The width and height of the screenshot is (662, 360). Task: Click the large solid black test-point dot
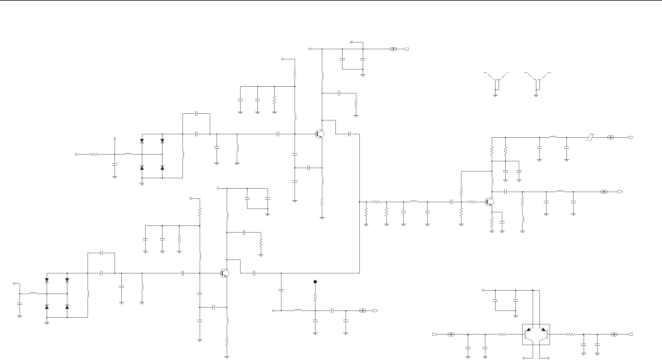pyautogui.click(x=315, y=282)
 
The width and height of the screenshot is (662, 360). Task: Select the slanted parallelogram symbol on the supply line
pyautogui.click(x=590, y=137)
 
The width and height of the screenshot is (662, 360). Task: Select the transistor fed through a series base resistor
pyautogui.click(x=489, y=202)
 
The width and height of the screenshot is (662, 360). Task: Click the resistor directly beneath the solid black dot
pyautogui.click(x=315, y=297)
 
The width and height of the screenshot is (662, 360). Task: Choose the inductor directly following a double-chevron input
pyautogui.click(x=298, y=311)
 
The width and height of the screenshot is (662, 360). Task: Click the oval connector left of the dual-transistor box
pyautogui.click(x=451, y=334)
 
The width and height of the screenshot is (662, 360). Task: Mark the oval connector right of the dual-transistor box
pyautogui.click(x=614, y=334)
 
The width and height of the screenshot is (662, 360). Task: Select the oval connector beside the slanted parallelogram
pyautogui.click(x=611, y=137)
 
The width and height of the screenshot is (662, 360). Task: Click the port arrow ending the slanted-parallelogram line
pyautogui.click(x=630, y=137)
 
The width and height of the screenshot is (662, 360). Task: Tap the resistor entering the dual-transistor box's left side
pyautogui.click(x=502, y=334)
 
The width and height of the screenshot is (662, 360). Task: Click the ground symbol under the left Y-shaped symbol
pyautogui.click(x=495, y=95)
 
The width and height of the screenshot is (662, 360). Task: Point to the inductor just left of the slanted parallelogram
pyautogui.click(x=553, y=137)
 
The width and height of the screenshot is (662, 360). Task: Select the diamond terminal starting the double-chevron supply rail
pyautogui.click(x=310, y=49)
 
